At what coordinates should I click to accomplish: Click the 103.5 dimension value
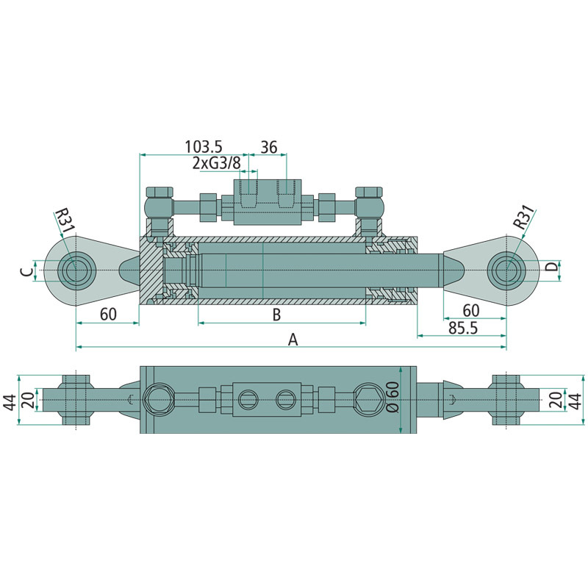point(203,146)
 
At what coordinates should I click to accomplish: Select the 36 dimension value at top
point(269,146)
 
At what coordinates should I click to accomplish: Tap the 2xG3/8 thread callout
point(217,162)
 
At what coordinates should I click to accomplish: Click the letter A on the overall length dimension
point(293,339)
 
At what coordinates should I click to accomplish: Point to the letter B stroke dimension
point(276,315)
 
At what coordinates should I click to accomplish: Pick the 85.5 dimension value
point(462,328)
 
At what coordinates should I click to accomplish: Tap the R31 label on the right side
point(523,218)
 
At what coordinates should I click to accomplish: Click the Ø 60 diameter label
point(392,398)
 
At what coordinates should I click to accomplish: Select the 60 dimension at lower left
point(107,315)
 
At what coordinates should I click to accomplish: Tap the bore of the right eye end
point(506,270)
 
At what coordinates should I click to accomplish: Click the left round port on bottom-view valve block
point(247,399)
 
